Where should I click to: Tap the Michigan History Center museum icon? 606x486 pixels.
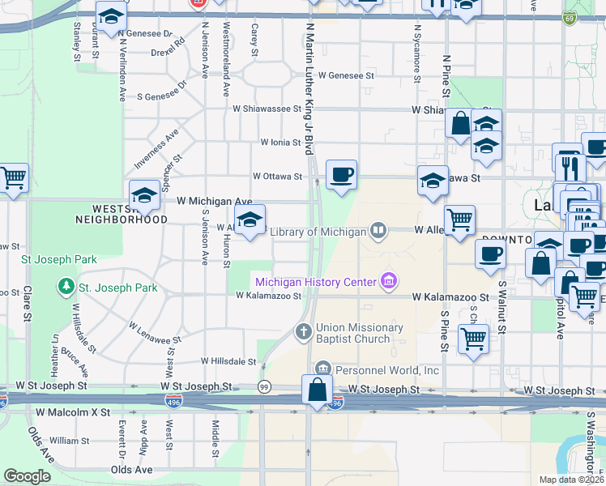tap(390, 282)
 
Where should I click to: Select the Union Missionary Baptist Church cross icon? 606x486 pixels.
tap(303, 330)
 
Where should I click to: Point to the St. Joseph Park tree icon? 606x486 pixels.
tap(65, 288)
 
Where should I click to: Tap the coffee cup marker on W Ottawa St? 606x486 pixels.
tap(341, 173)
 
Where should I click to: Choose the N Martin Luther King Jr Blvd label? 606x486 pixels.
tap(309, 89)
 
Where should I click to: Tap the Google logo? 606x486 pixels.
tap(27, 476)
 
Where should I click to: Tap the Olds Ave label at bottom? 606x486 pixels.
tap(132, 470)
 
